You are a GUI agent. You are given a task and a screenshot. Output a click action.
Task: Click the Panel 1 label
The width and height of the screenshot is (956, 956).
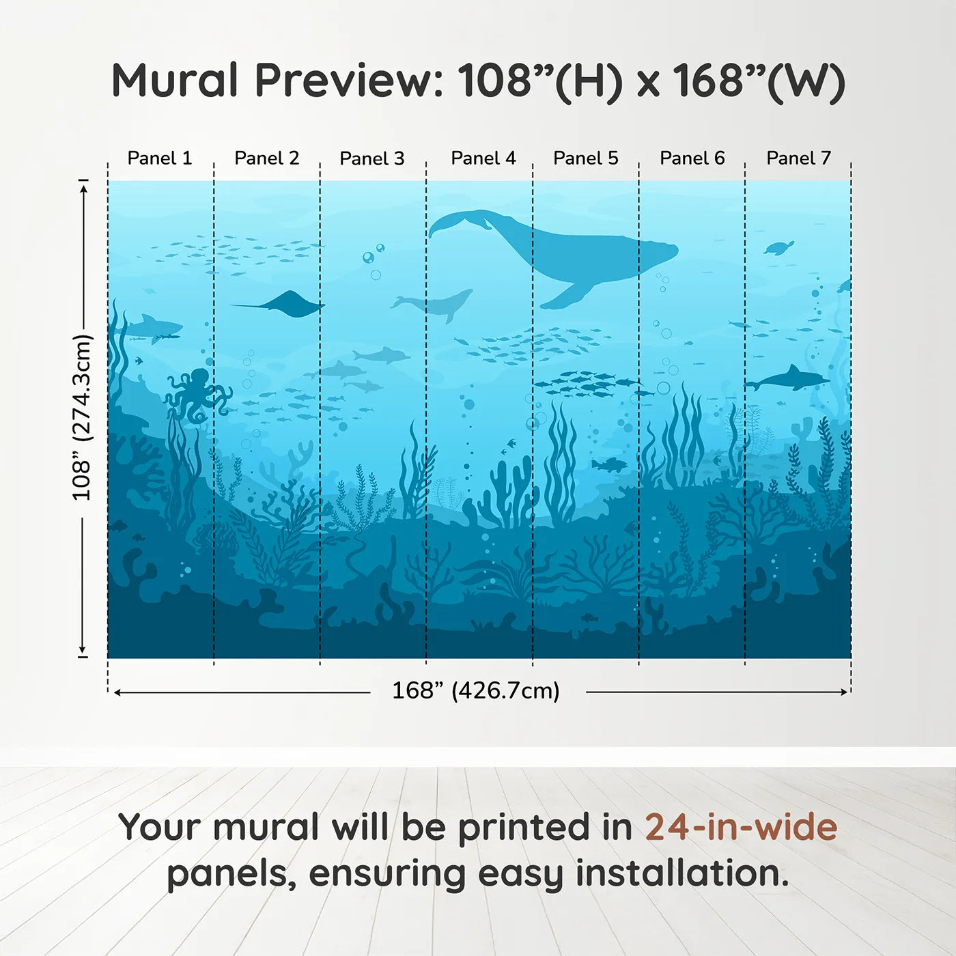tap(160, 158)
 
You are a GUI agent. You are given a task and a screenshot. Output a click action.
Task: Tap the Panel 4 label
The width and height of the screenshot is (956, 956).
tap(483, 158)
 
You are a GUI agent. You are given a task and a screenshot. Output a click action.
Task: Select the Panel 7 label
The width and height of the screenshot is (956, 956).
tap(798, 158)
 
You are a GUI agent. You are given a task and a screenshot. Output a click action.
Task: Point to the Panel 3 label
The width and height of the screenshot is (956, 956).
tap(372, 158)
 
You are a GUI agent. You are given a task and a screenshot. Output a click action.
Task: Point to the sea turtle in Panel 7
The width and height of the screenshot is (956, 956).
tap(779, 247)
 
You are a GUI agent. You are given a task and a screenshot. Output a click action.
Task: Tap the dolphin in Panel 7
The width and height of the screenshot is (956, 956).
tap(789, 379)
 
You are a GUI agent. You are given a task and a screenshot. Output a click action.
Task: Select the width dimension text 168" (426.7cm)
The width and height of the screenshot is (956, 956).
tap(475, 691)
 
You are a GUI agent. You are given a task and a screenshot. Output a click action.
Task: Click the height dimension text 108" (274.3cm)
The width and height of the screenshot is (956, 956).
tap(82, 418)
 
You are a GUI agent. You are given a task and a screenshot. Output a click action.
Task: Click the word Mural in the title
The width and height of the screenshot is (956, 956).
tap(174, 81)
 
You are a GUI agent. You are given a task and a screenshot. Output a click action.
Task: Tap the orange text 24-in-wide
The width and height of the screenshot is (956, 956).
tap(741, 828)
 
